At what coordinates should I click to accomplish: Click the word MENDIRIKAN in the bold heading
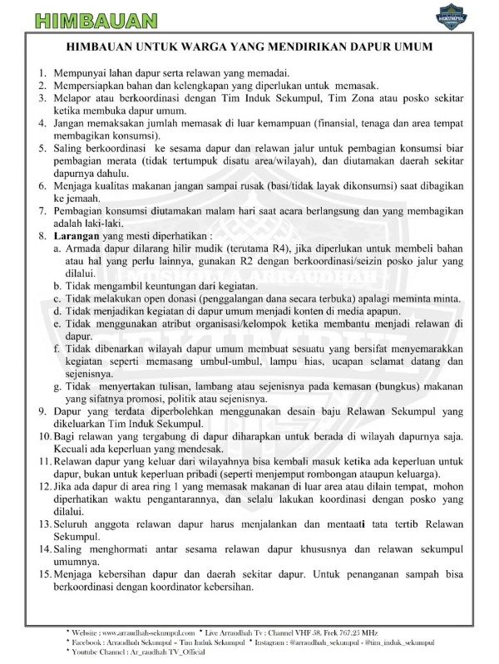click(309, 47)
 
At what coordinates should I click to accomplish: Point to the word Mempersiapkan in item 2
click(96, 85)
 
